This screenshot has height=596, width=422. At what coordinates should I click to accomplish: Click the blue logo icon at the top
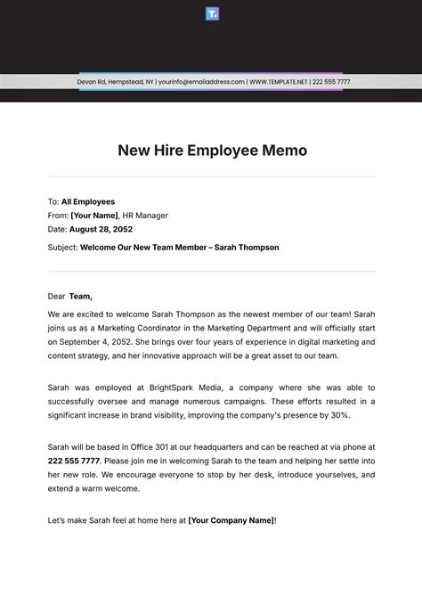coord(212,13)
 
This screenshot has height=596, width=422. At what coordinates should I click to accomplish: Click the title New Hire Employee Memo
coord(212,151)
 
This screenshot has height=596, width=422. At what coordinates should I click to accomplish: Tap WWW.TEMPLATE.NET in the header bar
coord(278,82)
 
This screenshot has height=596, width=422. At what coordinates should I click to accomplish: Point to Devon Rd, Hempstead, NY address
coord(115,82)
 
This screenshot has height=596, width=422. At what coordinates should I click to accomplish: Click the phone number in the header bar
coord(332,82)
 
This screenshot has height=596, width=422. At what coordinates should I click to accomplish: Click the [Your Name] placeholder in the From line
coord(93,215)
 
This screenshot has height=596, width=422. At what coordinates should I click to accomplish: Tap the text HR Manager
coord(145,215)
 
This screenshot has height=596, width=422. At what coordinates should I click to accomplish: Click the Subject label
coord(63,248)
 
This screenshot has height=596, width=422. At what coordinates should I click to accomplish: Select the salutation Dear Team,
coord(70,296)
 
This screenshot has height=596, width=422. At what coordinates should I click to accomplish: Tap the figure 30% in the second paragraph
coord(337,415)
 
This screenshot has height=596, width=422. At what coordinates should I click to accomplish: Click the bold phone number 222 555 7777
coord(74,461)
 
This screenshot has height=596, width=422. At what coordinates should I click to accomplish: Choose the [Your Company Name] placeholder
coord(231,518)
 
